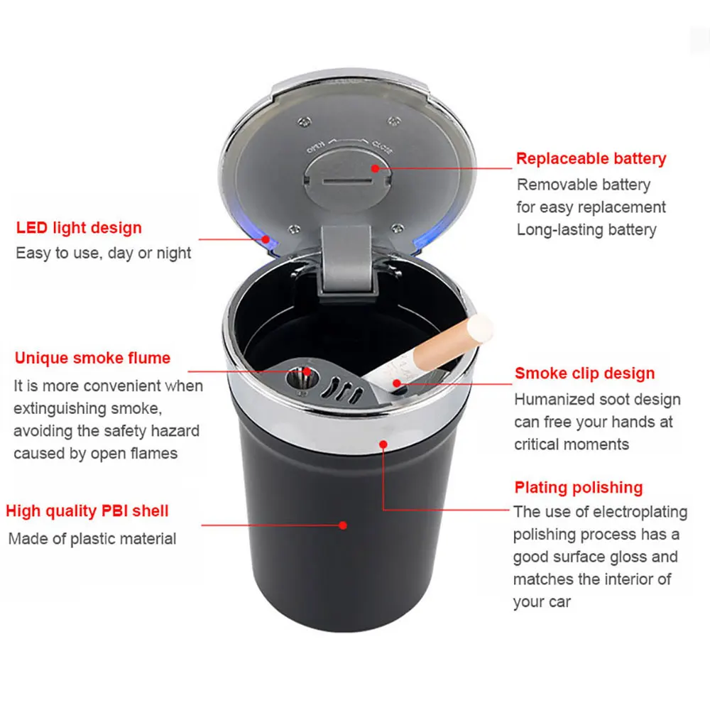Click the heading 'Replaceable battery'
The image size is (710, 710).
(x=591, y=158)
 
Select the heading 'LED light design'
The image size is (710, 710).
(x=79, y=228)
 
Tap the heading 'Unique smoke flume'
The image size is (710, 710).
(x=92, y=358)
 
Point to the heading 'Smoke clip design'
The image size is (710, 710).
(x=584, y=373)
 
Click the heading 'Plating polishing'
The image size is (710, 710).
(x=579, y=487)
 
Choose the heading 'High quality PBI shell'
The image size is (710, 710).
(x=87, y=510)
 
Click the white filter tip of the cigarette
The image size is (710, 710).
(x=479, y=329)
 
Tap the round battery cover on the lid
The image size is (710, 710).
(x=347, y=180)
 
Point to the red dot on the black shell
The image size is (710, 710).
(x=343, y=525)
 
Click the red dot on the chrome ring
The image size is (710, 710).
(x=383, y=444)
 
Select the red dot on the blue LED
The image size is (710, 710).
(x=266, y=239)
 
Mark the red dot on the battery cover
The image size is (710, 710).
(x=375, y=168)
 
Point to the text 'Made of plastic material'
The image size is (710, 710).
(x=92, y=539)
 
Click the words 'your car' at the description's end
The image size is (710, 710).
(x=542, y=602)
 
